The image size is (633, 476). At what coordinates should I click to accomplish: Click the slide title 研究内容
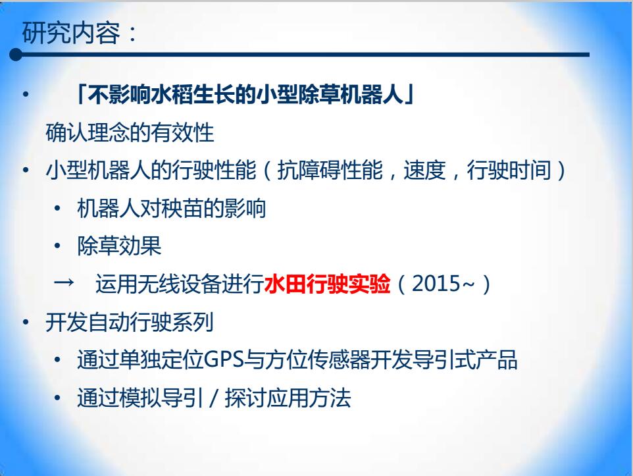[71, 32]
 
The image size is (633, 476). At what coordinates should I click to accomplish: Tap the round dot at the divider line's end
[16, 55]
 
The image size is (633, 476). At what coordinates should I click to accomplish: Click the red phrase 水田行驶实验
[328, 284]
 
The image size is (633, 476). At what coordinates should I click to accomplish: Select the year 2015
[436, 284]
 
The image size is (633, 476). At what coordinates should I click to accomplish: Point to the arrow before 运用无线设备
[64, 282]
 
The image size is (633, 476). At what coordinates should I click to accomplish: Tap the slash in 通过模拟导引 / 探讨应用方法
[214, 398]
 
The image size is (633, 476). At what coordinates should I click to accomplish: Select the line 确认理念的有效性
[130, 132]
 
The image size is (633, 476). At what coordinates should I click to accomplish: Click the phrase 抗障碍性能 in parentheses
[330, 170]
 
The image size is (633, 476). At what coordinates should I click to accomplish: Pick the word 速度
[424, 170]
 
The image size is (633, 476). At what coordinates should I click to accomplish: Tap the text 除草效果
[119, 246]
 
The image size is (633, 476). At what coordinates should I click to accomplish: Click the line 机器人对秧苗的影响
[171, 209]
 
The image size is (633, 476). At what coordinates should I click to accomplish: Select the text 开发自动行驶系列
[130, 322]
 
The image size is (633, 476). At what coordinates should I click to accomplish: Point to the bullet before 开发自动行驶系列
[26, 322]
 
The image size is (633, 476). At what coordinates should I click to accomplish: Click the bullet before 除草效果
[57, 246]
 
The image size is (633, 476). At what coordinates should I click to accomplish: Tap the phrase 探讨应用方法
[288, 398]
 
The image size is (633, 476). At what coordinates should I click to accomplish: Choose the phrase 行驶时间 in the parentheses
[509, 170]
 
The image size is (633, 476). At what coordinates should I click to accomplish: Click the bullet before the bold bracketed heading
[26, 95]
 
